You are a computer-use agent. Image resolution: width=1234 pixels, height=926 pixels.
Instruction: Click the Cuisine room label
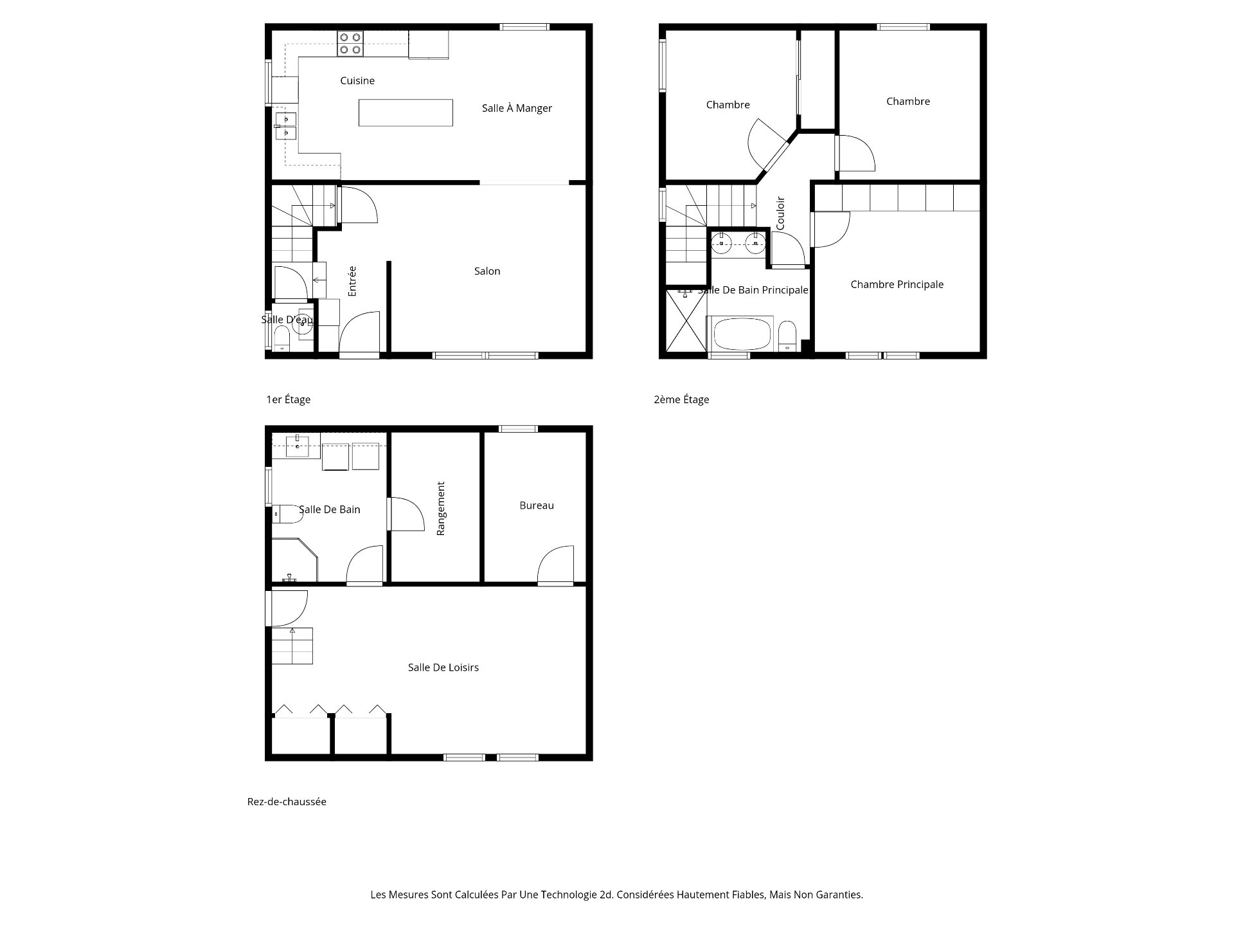pyautogui.click(x=357, y=81)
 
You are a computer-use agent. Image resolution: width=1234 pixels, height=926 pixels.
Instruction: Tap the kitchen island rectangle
pyautogui.click(x=406, y=113)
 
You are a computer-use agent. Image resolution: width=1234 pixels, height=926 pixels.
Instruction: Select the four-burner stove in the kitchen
pyautogui.click(x=350, y=43)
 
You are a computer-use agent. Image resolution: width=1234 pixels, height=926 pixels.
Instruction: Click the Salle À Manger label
pyautogui.click(x=517, y=109)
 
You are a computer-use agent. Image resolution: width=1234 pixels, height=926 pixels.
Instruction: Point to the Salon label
pyautogui.click(x=487, y=271)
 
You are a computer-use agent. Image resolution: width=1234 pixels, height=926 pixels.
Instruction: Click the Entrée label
pyautogui.click(x=352, y=281)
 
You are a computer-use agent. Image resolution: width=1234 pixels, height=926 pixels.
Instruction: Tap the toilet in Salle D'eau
pyautogui.click(x=282, y=338)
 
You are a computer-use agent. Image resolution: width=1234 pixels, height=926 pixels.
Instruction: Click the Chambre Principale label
pyautogui.click(x=897, y=285)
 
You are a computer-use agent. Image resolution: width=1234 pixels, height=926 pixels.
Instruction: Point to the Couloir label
pyautogui.click(x=781, y=213)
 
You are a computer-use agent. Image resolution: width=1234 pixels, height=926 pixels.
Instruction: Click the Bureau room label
pyautogui.click(x=537, y=505)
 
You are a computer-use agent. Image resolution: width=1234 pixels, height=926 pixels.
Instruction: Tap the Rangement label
pyautogui.click(x=441, y=508)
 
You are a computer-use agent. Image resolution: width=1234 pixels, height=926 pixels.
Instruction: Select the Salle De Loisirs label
pyautogui.click(x=443, y=667)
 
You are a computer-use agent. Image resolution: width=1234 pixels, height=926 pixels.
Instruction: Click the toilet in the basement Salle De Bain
pyautogui.click(x=287, y=514)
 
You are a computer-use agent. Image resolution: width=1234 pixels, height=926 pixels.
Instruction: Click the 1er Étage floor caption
pyautogui.click(x=289, y=399)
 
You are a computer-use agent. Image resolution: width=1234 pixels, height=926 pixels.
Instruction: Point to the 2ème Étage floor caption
pyautogui.click(x=681, y=399)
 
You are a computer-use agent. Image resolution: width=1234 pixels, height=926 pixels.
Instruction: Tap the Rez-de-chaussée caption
pyautogui.click(x=287, y=802)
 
